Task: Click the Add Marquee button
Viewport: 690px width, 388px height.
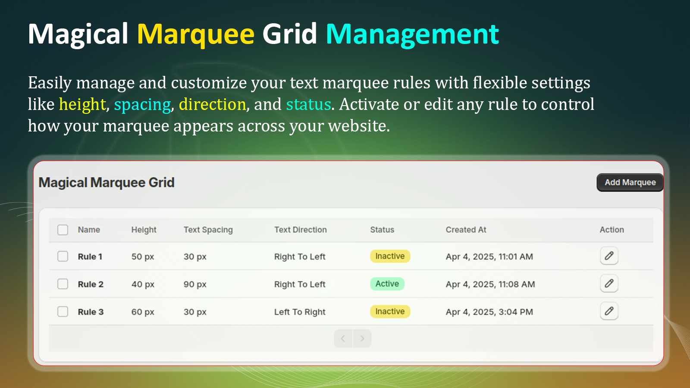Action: (630, 183)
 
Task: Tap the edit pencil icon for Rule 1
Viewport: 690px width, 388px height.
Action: (609, 256)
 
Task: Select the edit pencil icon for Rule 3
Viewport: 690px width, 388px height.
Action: (609, 311)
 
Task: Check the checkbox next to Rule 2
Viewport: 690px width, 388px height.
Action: (63, 284)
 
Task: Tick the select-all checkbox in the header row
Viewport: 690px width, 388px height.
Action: (63, 230)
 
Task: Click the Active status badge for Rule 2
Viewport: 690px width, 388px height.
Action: (387, 284)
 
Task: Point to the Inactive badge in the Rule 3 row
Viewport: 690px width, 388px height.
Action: (390, 311)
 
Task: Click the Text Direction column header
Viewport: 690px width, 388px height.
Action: (300, 230)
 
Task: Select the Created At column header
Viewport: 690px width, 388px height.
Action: (466, 230)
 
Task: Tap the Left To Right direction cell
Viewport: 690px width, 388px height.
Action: (300, 312)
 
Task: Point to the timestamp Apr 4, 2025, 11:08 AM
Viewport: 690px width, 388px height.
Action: (490, 284)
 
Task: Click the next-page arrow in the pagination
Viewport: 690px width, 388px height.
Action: (362, 339)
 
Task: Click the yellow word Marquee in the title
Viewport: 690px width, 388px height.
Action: (196, 34)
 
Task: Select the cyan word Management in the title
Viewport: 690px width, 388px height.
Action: (412, 34)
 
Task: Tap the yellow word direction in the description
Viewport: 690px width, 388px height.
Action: (213, 104)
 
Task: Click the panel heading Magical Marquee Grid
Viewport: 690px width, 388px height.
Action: (107, 183)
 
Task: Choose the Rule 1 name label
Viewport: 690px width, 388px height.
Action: (90, 257)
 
